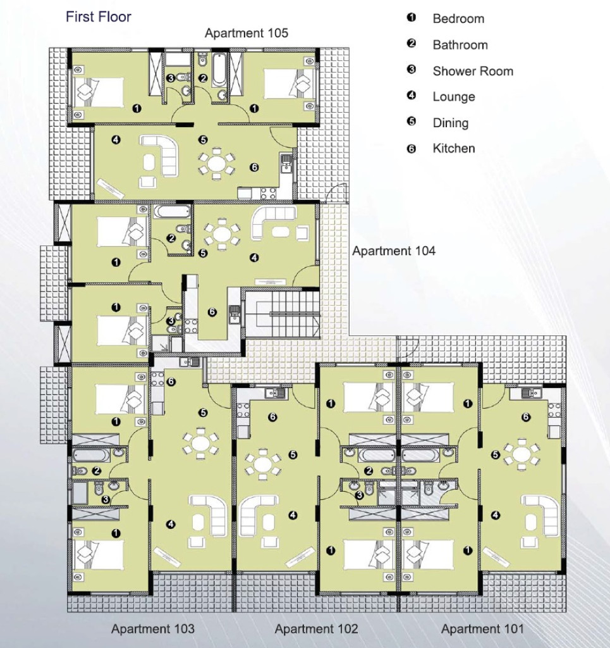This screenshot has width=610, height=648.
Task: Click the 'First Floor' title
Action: click(x=98, y=17)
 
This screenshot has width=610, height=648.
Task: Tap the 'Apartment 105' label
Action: click(x=247, y=33)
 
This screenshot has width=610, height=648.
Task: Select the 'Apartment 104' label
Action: click(x=394, y=251)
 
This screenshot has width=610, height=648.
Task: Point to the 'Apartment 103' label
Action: click(x=153, y=629)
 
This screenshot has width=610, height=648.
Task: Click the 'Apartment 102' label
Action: click(x=317, y=629)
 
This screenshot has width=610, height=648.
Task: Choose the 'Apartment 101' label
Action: click(x=482, y=629)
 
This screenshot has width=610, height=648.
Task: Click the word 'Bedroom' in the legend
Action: click(x=458, y=18)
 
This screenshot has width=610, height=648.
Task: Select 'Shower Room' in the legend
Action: click(x=473, y=71)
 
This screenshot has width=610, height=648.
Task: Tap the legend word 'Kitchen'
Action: click(x=454, y=148)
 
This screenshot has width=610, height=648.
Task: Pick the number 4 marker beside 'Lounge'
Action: click(x=411, y=96)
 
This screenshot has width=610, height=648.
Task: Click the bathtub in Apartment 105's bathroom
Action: click(x=219, y=69)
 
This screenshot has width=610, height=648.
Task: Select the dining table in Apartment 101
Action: click(x=522, y=454)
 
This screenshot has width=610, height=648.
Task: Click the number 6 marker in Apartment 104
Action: click(x=212, y=312)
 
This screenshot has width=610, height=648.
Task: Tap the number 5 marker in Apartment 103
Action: click(x=203, y=413)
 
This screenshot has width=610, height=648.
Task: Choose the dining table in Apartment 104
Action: click(x=222, y=235)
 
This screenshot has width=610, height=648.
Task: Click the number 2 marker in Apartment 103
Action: click(x=97, y=470)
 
